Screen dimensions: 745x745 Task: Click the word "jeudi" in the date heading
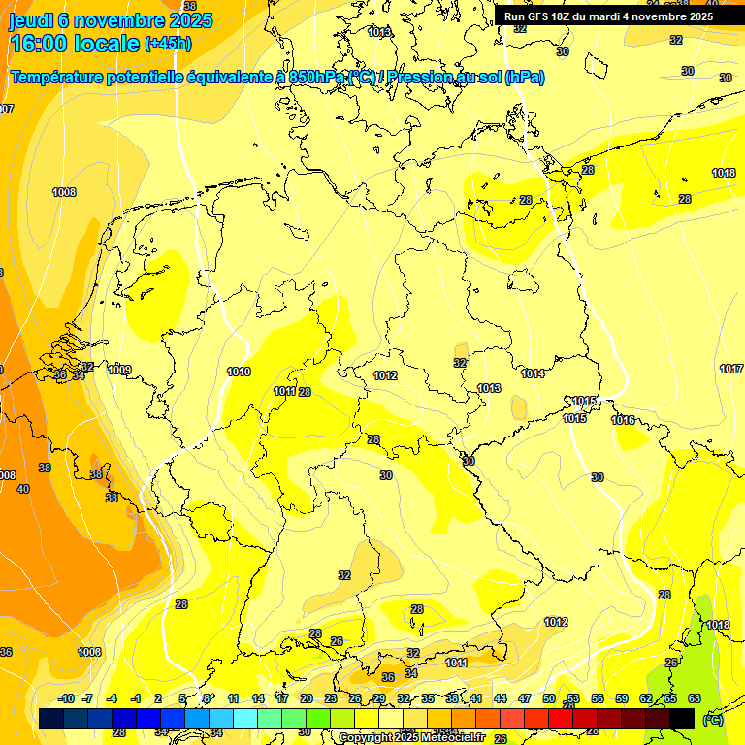31,20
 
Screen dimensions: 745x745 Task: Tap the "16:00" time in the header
40,43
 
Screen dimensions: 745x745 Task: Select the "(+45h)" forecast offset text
168,43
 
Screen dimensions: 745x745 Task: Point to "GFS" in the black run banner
547,16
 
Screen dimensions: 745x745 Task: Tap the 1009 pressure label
119,370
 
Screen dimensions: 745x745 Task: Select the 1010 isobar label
239,372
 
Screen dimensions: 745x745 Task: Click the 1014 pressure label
533,373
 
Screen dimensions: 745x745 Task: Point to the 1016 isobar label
623,420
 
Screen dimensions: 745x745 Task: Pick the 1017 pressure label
731,369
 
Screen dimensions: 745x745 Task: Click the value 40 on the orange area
23,489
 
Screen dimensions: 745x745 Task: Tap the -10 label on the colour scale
66,698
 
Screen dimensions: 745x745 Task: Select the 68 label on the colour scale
695,698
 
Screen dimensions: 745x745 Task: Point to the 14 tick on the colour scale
258,698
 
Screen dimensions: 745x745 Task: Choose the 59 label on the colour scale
622,698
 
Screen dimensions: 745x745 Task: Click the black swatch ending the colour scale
682,717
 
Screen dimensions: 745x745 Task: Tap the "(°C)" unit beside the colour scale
712,719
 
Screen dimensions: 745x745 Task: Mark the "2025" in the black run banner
696,16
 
